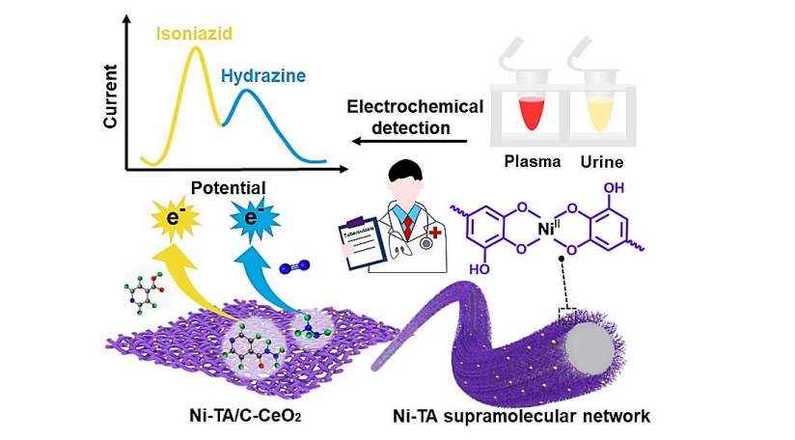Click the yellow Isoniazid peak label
[196, 35]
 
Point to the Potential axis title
[229, 186]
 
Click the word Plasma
[533, 161]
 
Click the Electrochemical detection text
[415, 117]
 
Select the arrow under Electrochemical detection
[409, 142]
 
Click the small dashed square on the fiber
[568, 315]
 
